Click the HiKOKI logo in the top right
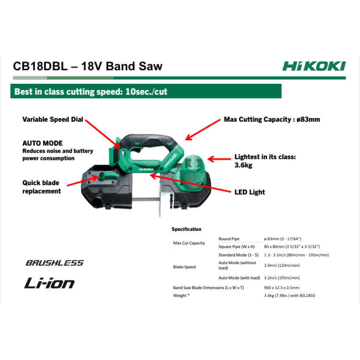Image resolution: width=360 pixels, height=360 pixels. [x=314, y=66]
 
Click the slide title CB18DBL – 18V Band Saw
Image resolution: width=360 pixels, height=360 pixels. [x=88, y=66]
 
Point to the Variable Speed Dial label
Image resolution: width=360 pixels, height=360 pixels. [x=53, y=120]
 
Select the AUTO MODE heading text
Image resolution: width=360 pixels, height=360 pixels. [x=42, y=143]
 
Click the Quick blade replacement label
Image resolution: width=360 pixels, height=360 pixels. [x=42, y=187]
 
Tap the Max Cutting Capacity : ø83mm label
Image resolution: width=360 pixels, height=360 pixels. [x=272, y=119]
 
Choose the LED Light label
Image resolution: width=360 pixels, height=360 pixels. [x=249, y=192]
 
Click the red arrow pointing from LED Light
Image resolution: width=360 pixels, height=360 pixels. [x=191, y=183]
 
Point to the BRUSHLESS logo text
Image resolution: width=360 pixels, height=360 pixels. [x=55, y=263]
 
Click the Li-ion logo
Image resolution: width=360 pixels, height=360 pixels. [x=49, y=283]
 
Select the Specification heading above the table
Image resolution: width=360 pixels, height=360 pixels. [x=186, y=229]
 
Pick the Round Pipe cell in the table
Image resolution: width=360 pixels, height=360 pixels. [x=229, y=239]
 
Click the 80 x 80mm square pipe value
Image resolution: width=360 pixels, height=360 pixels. [x=291, y=246]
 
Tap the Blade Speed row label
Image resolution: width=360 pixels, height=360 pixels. [x=185, y=267]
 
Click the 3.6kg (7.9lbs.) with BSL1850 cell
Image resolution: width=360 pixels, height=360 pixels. [x=290, y=295]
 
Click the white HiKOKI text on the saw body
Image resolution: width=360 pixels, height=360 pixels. [x=145, y=168]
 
